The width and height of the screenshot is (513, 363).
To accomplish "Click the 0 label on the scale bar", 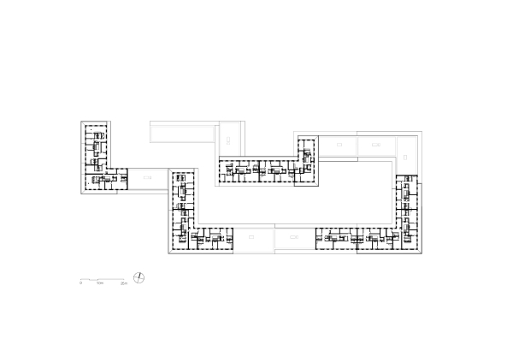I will pyautogui.click(x=81, y=282).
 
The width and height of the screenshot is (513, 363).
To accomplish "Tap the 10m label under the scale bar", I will pyautogui.click(x=100, y=282).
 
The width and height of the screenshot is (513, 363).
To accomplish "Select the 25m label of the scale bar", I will pyautogui.click(x=125, y=282).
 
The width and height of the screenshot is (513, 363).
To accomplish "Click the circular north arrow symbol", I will pyautogui.click(x=140, y=277).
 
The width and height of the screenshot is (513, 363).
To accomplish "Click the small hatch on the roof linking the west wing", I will pyautogui.click(x=147, y=177).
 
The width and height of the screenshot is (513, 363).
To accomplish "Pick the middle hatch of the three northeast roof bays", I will pyautogui.click(x=376, y=146).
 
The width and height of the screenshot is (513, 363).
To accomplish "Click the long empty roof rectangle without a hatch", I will pyautogui.click(x=183, y=132).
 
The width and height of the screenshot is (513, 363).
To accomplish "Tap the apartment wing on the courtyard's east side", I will pyautogui.click(x=407, y=210).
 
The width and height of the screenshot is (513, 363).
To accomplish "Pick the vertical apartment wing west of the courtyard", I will pyautogui.click(x=180, y=205).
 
